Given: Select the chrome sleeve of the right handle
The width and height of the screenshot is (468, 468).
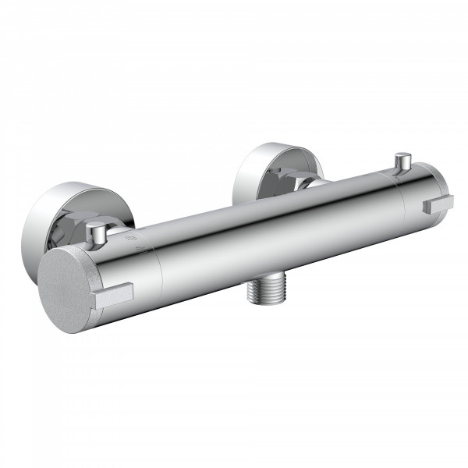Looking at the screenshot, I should tap(421, 191).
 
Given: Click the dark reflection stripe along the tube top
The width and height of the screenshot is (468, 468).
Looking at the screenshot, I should tap(273, 199).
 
